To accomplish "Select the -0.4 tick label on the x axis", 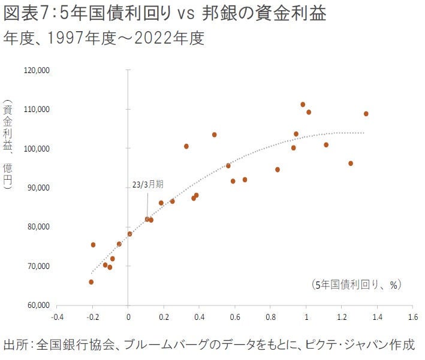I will tap(57, 316).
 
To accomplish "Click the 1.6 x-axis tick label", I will tap(412, 316).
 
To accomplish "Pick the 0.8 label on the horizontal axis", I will tap(270, 316).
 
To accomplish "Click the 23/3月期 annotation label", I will tap(147, 186).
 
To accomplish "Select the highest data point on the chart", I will tap(303, 105).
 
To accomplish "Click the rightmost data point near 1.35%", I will tap(366, 114).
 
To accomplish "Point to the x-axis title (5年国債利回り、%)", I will tap(355, 285).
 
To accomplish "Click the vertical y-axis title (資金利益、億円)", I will tap(8, 147).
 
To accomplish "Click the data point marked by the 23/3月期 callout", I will tap(147, 219).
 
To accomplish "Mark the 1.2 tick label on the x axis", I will tap(341, 316).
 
